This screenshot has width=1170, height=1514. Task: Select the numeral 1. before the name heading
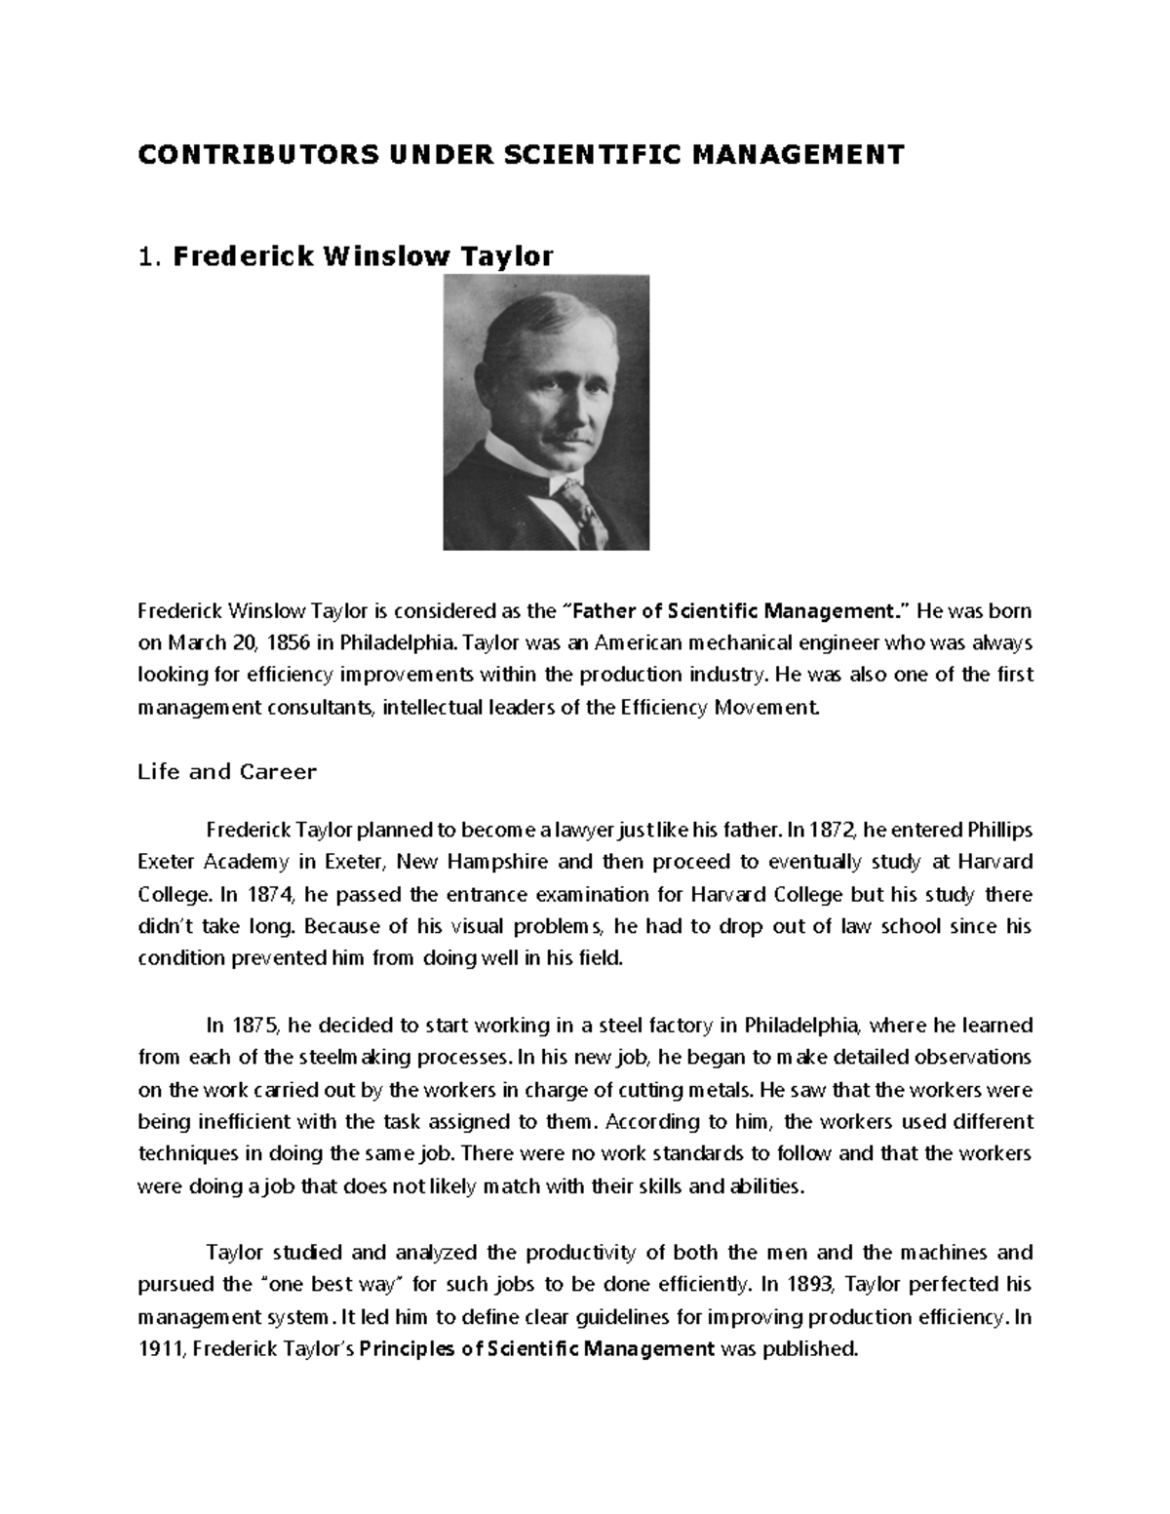pos(148,257)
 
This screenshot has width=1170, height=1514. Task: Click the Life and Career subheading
pos(227,772)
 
